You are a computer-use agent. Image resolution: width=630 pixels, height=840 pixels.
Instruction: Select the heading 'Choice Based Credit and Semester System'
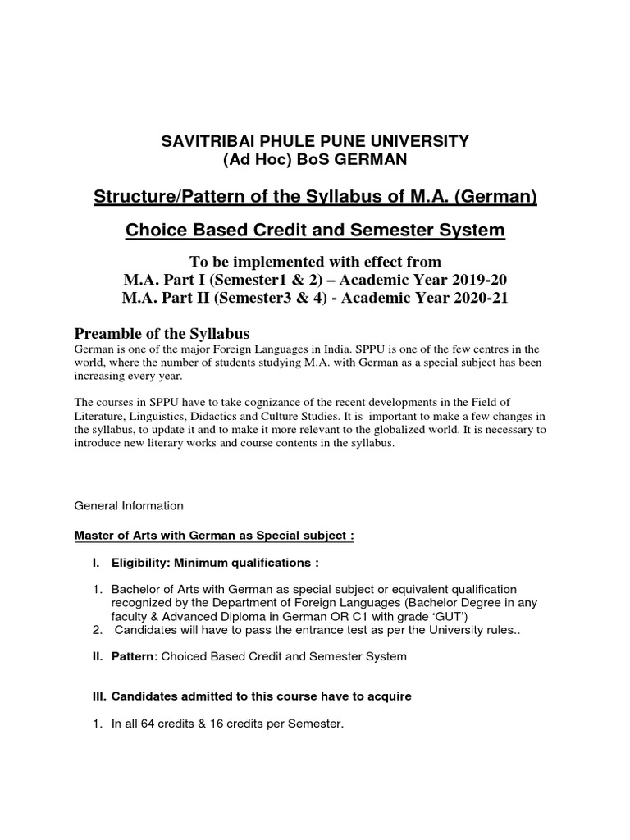(x=315, y=231)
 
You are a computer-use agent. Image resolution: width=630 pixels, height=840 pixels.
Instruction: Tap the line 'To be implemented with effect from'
(x=315, y=262)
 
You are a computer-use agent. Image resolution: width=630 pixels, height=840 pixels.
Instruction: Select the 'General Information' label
(x=130, y=505)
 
